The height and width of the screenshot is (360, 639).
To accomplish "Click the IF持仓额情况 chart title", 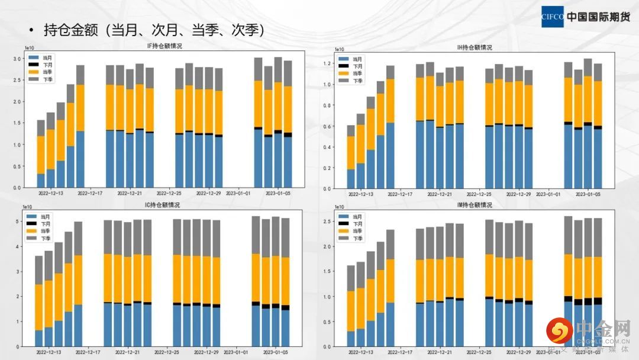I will [x=164, y=46].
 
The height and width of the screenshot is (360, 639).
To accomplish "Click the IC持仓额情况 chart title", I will [x=163, y=205].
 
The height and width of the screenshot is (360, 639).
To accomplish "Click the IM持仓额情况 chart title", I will [x=475, y=205].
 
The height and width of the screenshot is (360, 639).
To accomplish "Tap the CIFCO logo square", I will [x=553, y=17].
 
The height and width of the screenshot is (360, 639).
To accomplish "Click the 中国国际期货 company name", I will [x=598, y=17].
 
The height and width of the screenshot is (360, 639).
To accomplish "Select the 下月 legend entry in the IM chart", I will [x=353, y=224].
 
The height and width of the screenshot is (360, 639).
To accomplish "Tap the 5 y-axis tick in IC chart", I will [x=18, y=221].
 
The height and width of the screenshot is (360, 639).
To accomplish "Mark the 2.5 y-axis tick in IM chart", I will [x=328, y=221].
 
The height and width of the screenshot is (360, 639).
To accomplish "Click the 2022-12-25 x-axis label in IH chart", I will [x=478, y=194].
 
